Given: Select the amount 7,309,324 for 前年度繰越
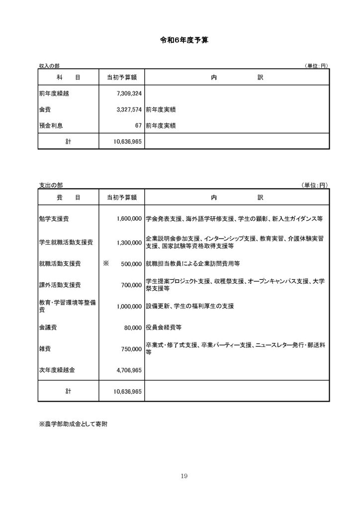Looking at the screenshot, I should tap(128, 93).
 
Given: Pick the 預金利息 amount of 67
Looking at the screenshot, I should tap(138, 125).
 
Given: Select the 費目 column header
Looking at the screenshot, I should tap(68, 197).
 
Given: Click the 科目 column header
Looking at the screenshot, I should tap(68, 78).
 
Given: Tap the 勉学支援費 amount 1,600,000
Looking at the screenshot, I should tap(128, 218).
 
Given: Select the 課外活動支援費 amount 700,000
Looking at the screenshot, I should tap(131, 286).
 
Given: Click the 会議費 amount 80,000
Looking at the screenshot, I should tap(133, 328).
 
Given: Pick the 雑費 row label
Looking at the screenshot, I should tap(44, 349).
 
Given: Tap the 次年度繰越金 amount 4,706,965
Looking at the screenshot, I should tap(128, 370).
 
